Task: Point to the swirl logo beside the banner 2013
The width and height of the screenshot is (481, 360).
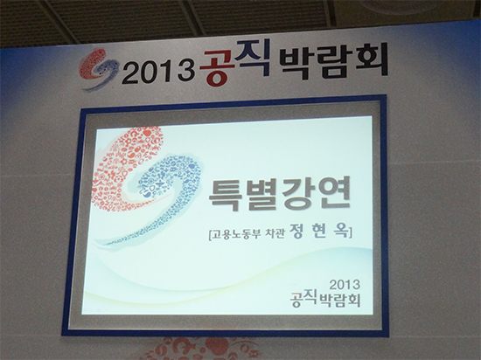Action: click(x=99, y=70)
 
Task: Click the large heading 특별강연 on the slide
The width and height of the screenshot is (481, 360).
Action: click(x=279, y=194)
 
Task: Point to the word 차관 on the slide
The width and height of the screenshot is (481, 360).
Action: click(x=276, y=234)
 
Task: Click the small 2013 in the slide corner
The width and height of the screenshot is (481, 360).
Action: click(x=345, y=285)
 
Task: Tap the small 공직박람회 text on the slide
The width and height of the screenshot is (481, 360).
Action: click(x=325, y=300)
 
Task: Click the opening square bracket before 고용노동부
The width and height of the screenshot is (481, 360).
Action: click(x=210, y=235)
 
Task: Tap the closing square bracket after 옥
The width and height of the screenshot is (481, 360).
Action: click(x=350, y=232)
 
